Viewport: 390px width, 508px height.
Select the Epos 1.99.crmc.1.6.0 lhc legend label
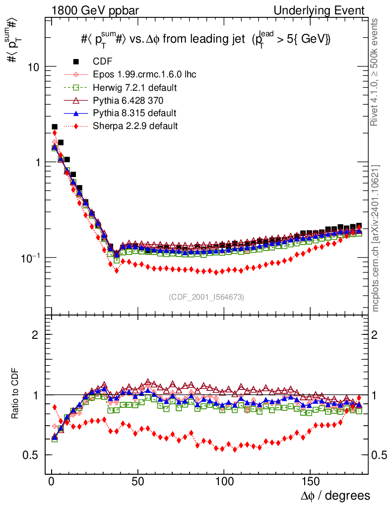144,74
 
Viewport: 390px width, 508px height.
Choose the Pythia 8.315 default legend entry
134,113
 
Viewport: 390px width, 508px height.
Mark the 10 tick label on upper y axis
34,67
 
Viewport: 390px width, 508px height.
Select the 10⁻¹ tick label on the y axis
31,258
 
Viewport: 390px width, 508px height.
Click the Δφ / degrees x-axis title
335,495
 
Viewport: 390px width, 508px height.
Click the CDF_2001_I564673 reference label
206,297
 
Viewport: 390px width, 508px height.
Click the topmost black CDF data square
55,127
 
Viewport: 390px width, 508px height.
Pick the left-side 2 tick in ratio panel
35,335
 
